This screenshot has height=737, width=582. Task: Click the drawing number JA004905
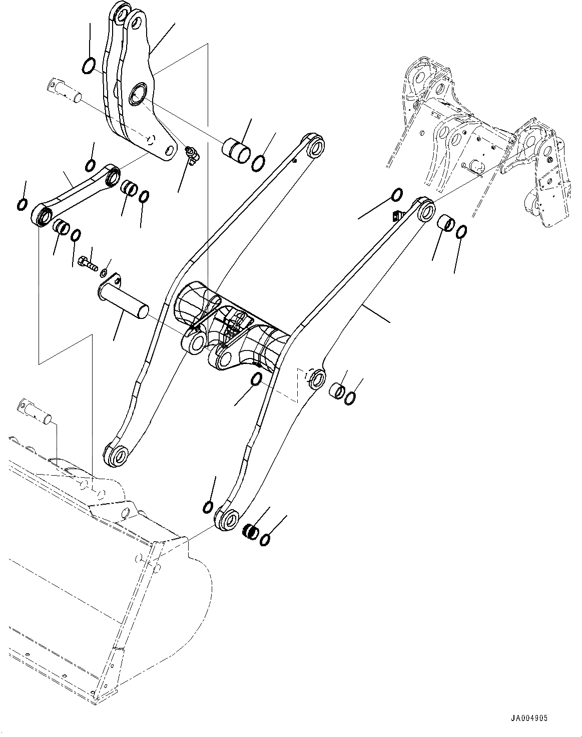(528, 718)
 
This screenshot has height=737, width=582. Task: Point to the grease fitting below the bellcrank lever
(192, 154)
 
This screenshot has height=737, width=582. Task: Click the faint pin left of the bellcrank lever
(65, 90)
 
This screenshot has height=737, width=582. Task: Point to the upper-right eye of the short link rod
(113, 176)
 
